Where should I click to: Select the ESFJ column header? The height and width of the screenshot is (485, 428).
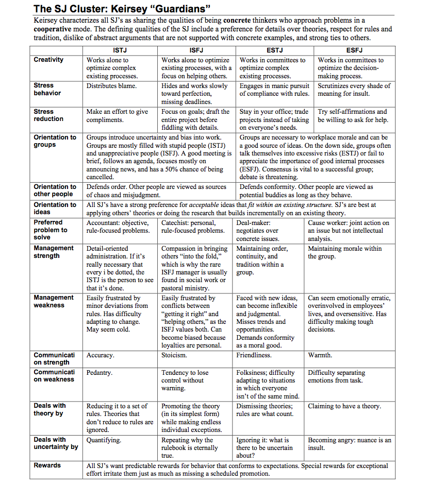[x=354, y=50]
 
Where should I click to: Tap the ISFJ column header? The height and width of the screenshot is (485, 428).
[x=196, y=50]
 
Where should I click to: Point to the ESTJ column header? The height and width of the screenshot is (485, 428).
[x=275, y=50]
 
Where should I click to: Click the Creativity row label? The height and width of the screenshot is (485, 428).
[x=49, y=60]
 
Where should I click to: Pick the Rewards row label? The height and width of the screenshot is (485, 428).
[x=47, y=465]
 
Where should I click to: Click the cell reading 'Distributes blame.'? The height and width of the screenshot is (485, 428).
[x=111, y=86]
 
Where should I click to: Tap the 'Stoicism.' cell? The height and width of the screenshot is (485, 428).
[x=174, y=355]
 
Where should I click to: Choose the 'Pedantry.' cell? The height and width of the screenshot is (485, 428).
[x=100, y=372]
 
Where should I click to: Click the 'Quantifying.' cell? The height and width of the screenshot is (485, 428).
[x=104, y=440]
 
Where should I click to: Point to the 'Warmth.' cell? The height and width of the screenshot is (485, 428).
[x=320, y=355]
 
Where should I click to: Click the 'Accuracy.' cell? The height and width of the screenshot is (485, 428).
[x=101, y=355]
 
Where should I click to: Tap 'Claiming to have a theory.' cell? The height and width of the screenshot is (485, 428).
[x=344, y=406]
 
